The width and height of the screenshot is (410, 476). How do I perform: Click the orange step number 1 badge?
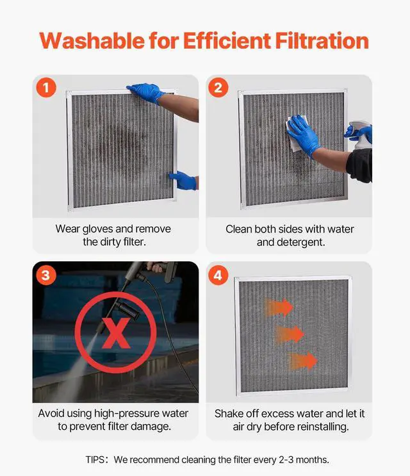[46, 87]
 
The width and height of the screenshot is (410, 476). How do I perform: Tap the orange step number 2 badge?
[218, 87]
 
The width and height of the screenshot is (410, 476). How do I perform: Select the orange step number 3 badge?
[46, 275]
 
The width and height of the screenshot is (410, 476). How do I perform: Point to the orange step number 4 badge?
[218, 275]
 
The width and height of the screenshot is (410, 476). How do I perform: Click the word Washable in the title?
[92, 40]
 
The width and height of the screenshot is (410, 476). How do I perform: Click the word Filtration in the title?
[322, 40]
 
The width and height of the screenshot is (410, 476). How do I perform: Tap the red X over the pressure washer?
[116, 333]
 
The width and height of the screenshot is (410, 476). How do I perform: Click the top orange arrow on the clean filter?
[279, 308]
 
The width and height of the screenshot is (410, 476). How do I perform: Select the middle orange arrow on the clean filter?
[290, 334]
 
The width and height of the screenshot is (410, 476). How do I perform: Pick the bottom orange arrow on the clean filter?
[303, 361]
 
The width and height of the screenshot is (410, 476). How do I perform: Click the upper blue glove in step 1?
[145, 92]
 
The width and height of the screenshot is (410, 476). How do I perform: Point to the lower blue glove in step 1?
[183, 181]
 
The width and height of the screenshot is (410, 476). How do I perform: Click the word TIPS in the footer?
[95, 459]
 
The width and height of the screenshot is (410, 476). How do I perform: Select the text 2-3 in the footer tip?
[286, 459]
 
